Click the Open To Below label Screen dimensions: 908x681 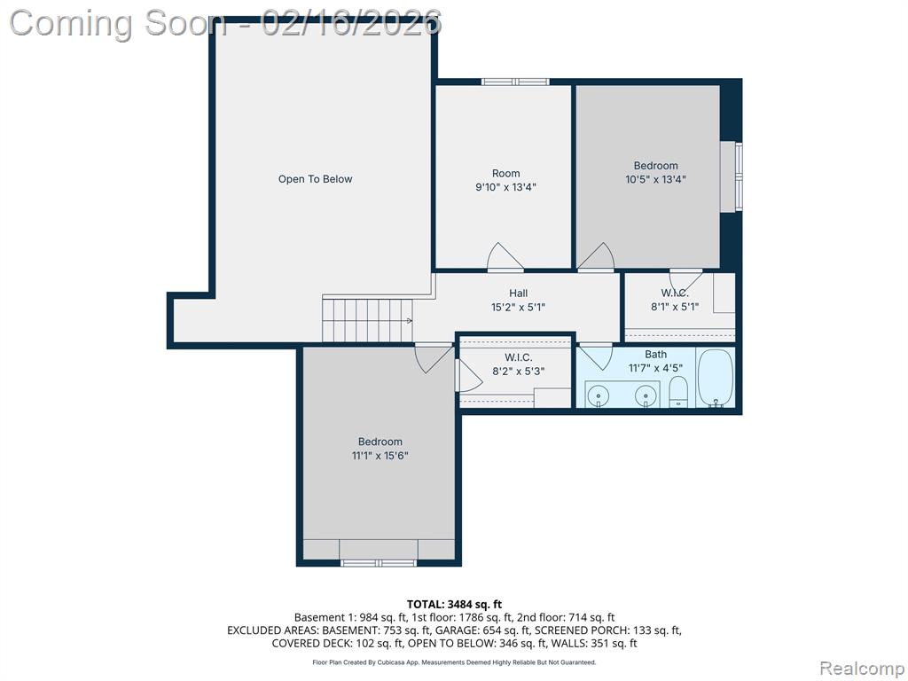315,179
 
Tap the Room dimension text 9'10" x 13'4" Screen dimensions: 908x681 505,187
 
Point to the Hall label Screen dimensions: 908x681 518,293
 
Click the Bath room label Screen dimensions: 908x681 655,354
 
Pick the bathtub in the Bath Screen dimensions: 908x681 716,378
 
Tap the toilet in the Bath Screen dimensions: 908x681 678,391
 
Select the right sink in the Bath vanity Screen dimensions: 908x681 645,396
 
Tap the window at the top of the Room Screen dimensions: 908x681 515,82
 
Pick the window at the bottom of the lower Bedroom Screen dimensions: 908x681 378,562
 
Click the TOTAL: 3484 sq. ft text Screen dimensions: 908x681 454,605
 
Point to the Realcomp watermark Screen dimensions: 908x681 862,668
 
